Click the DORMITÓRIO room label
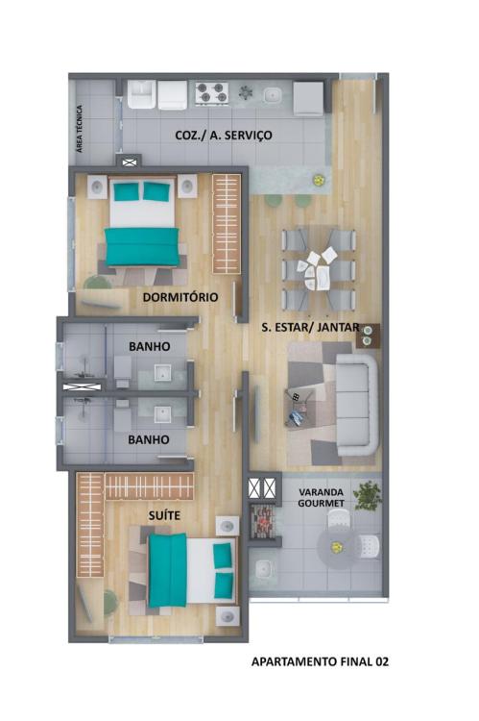tap(180, 297)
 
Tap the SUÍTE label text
tap(164, 516)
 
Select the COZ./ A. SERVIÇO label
tap(224, 136)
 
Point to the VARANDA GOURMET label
tap(321, 498)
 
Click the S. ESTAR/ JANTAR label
tap(310, 328)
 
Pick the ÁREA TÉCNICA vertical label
tap(80, 129)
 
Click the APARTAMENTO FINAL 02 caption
tap(320, 661)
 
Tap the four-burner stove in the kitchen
tap(212, 92)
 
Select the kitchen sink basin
tap(272, 95)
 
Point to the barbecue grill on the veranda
tap(264, 520)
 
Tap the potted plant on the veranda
tap(368, 495)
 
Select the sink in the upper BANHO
tap(162, 373)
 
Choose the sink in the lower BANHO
tap(162, 414)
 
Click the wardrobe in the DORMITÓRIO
tap(227, 224)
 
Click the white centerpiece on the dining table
tap(318, 268)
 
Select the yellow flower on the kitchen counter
tap(318, 181)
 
